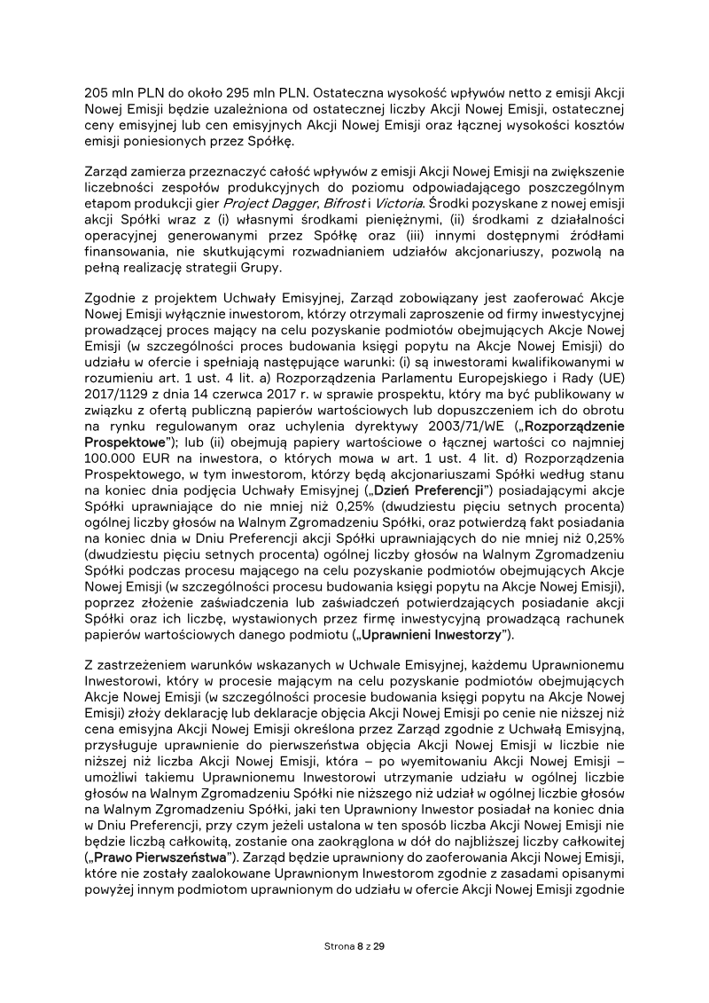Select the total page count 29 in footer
[x=378, y=946]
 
